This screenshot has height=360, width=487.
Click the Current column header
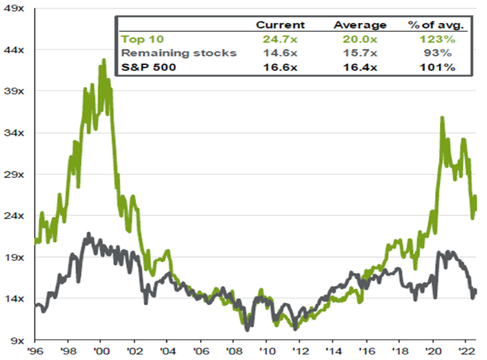[x=280, y=25]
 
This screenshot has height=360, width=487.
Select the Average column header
[x=360, y=25]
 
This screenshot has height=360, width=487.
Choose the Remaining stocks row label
[x=178, y=53]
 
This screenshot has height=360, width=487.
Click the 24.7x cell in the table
[x=280, y=39]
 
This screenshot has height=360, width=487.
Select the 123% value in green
[x=433, y=39]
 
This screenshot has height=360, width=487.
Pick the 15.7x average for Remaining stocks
[x=360, y=53]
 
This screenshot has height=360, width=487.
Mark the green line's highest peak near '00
[x=104, y=60]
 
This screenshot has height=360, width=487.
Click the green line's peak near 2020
[x=442, y=118]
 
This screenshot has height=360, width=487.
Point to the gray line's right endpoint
[x=475, y=290]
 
